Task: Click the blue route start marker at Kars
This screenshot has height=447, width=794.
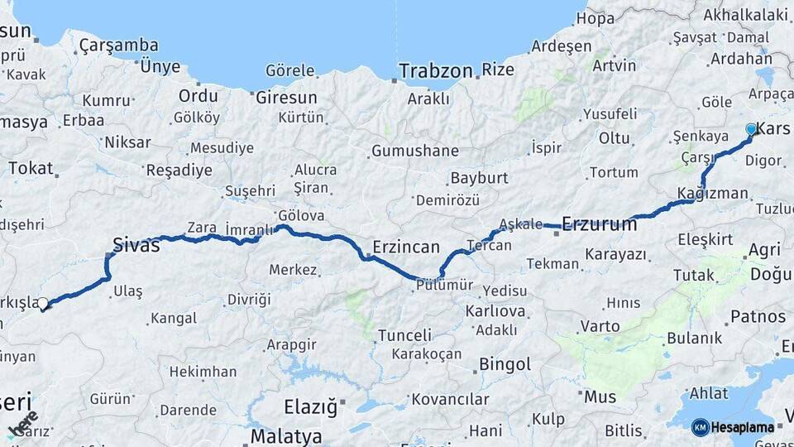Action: coord(751,129)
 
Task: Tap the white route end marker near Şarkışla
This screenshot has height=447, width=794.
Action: coord(43,304)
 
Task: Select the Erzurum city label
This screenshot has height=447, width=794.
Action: coord(600,223)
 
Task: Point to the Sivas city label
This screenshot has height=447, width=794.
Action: coord(136,244)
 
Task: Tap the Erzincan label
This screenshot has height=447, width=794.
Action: coord(405,247)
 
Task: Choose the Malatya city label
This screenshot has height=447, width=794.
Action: coord(286,435)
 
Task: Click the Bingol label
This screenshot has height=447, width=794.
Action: coord(505,363)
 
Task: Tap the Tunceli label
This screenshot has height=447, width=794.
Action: coord(404,335)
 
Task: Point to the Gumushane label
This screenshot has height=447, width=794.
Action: coord(414,151)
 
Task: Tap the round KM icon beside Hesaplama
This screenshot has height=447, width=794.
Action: coord(700,427)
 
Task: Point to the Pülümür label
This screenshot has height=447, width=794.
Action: coord(443,285)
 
